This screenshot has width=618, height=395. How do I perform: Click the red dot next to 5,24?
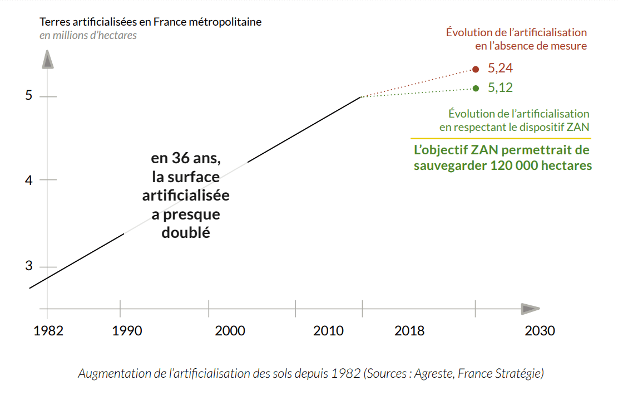(476, 69)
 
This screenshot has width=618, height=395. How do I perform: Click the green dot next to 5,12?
(476, 88)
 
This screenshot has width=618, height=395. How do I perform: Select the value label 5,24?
(500, 69)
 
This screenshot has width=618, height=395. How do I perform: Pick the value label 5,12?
(500, 88)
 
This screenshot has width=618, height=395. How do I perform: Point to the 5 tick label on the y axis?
(29, 96)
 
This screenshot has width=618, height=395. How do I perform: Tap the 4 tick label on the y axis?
(29, 181)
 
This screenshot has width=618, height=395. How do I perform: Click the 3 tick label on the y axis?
(29, 266)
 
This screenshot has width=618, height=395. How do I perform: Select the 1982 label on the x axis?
(48, 331)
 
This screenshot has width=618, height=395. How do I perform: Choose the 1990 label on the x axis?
(127, 331)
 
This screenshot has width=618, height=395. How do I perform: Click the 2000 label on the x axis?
(230, 331)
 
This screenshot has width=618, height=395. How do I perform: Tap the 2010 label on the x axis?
(328, 331)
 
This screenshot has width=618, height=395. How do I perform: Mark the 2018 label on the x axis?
(409, 331)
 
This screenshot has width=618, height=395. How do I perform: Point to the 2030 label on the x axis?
(540, 331)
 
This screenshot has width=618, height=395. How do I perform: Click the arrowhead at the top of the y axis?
(48, 59)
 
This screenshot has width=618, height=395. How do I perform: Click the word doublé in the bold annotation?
(186, 233)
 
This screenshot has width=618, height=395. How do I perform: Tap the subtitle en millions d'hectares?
(88, 36)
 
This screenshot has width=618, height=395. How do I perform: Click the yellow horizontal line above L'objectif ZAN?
(500, 138)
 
